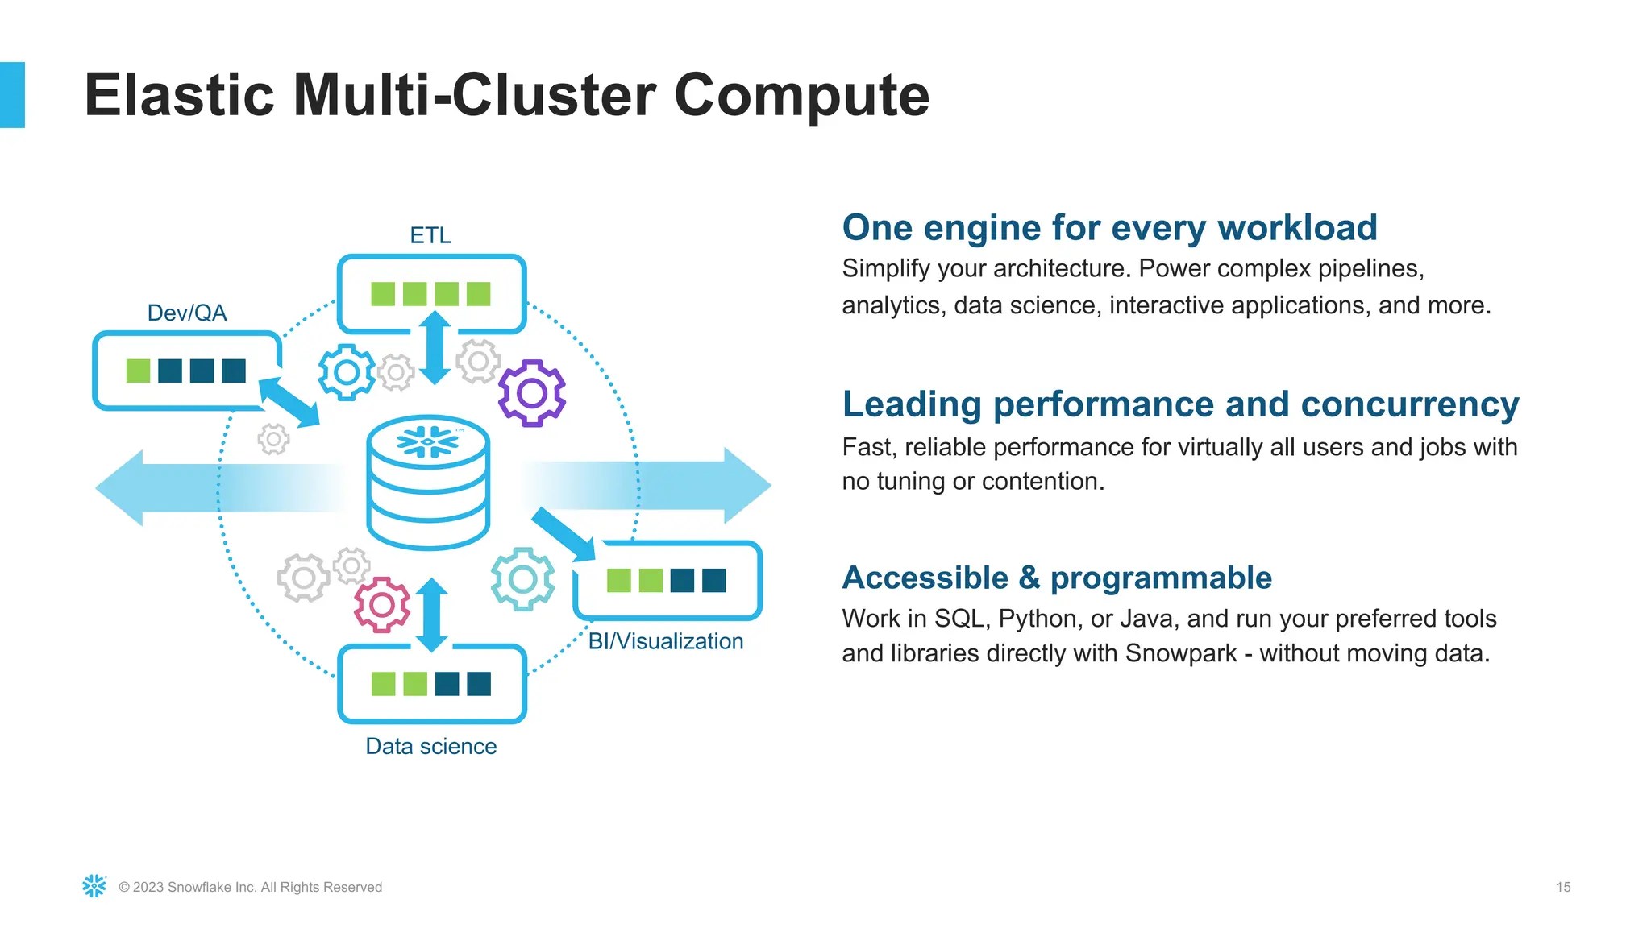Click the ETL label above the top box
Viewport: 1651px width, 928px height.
430,235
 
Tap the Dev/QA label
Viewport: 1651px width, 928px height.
187,313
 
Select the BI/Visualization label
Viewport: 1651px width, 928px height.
665,641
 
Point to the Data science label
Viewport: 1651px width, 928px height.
430,746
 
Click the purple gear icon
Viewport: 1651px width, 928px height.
532,393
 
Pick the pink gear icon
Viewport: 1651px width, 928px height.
382,605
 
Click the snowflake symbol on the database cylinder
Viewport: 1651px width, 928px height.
428,441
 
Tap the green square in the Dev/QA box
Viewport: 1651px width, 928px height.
139,371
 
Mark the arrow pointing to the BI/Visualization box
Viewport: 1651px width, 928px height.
564,534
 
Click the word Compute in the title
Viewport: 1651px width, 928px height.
801,95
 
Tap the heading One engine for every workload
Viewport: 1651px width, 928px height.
1109,227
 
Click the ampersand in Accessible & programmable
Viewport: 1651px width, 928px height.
1029,578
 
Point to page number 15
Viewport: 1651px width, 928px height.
1563,887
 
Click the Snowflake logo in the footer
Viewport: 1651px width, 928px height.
94,886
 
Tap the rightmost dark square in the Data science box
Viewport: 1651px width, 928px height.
479,684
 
